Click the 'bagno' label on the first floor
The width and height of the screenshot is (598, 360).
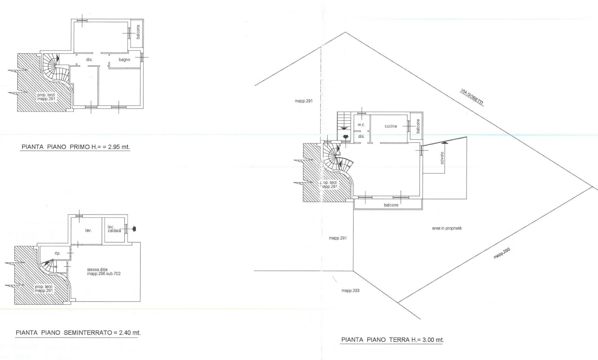click(124, 60)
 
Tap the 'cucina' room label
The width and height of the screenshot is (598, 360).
click(391, 126)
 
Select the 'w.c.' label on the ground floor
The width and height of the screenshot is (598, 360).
click(361, 125)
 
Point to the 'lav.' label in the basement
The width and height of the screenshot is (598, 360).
click(88, 231)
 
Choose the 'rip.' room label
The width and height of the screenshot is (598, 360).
click(58, 253)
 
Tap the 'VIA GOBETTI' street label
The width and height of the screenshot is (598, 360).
click(472, 97)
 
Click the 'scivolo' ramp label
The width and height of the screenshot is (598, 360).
click(442, 158)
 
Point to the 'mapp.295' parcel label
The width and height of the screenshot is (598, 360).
click(502, 253)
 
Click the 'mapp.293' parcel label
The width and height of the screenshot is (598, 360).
click(350, 291)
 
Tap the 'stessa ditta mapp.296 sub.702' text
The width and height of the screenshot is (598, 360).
click(104, 272)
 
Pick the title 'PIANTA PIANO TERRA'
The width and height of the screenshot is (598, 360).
click(376, 340)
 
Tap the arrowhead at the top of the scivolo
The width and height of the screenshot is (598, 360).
click(444, 143)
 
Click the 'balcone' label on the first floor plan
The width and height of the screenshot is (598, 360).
click(138, 32)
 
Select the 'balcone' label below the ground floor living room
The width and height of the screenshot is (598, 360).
click(391, 205)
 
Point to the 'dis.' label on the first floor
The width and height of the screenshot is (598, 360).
click(89, 60)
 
